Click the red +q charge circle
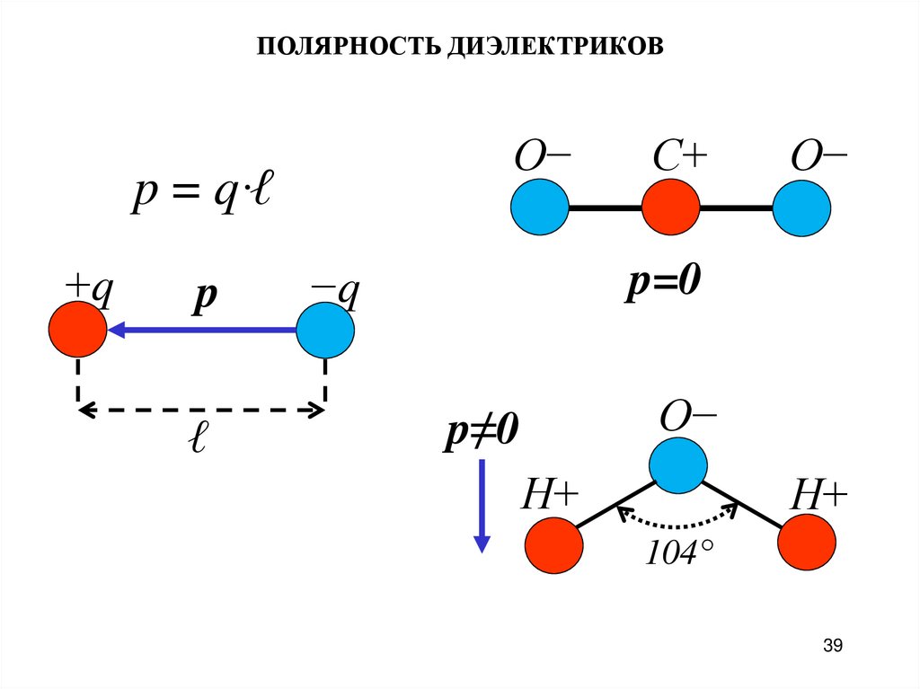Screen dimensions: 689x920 77,330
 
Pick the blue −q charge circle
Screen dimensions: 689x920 325,330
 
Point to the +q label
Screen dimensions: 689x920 86,292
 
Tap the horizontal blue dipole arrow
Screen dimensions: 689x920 201,331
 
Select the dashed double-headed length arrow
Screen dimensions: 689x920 201,411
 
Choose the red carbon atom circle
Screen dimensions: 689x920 670,208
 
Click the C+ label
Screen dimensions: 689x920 680,160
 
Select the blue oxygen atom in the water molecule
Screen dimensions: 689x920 677,464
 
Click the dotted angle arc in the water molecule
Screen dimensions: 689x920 676,523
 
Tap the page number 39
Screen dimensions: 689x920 832,645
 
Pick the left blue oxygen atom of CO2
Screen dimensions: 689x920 540,208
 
